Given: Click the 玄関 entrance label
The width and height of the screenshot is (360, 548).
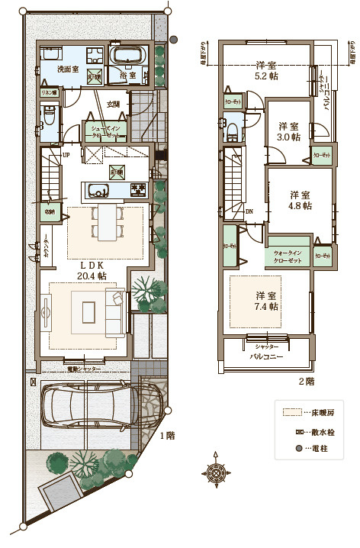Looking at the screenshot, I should click(x=113, y=104).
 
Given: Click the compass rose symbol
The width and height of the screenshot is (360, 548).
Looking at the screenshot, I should click(x=217, y=475).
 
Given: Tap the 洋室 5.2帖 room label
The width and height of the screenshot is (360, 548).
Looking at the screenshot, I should click(x=265, y=70).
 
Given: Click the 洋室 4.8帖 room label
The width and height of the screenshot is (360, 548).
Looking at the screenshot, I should click(x=300, y=200).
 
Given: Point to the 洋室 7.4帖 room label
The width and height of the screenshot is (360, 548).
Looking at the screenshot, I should click(x=266, y=300).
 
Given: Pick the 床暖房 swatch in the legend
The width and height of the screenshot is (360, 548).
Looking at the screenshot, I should click(x=289, y=412).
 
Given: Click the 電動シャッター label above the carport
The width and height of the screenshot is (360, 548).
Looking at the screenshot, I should click(x=85, y=369).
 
